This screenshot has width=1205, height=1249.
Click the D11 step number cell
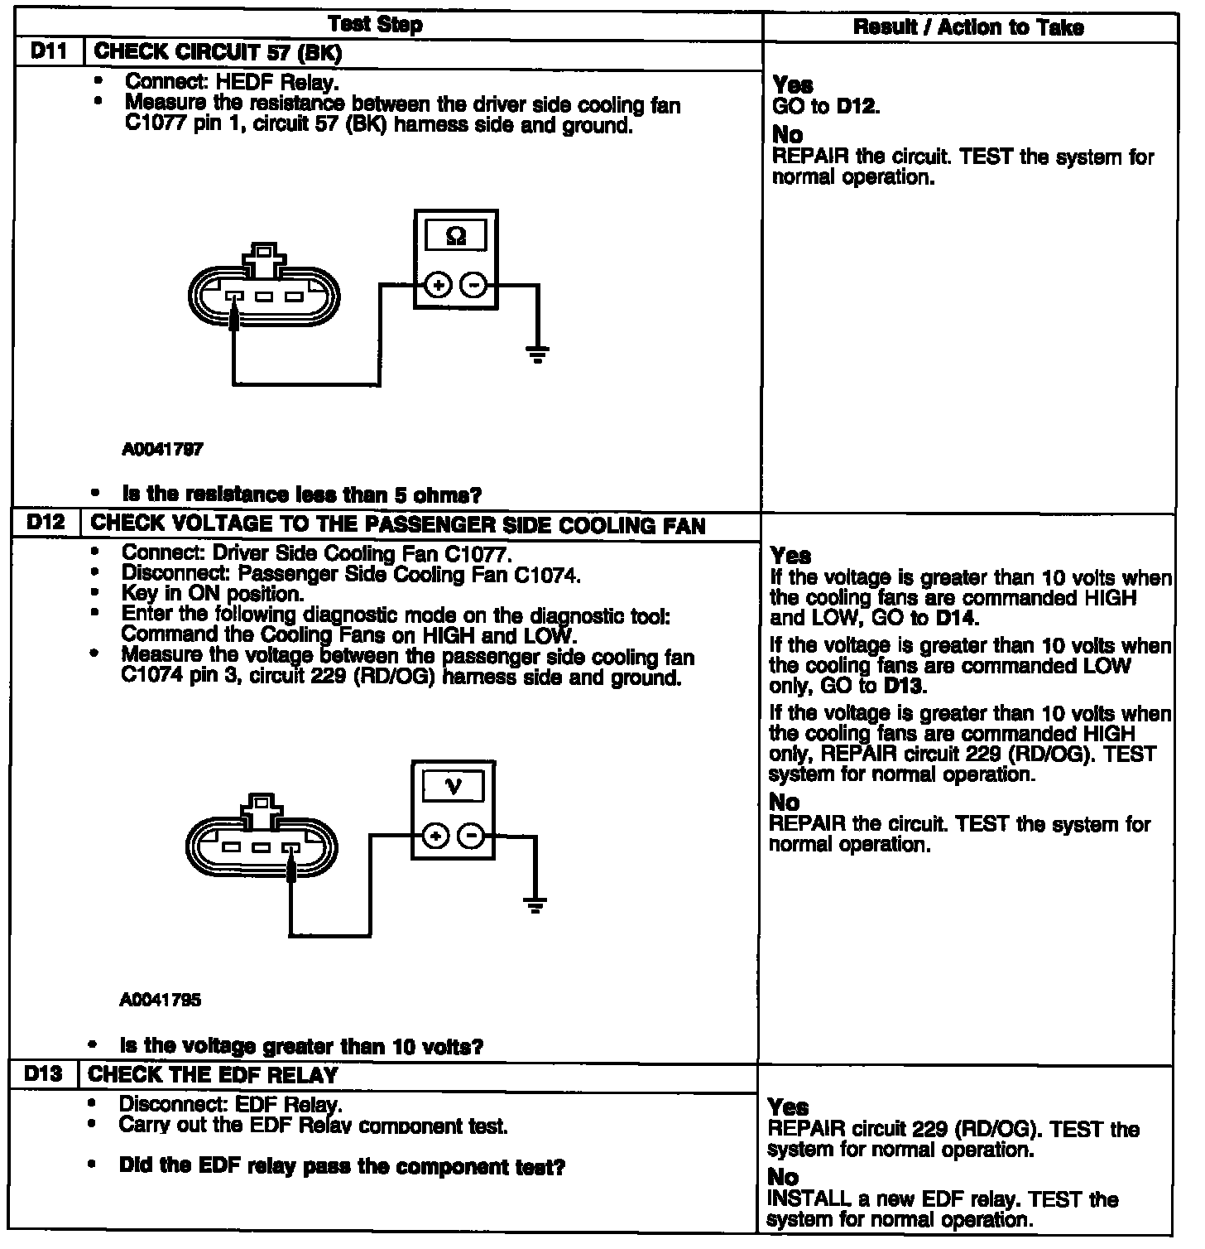coord(50,52)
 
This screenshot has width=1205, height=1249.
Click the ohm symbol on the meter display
coord(455,236)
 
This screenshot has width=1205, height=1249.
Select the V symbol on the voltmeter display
coord(453,786)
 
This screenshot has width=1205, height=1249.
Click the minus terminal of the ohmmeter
coord(474,286)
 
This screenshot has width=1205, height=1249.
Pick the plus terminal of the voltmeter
coord(435,837)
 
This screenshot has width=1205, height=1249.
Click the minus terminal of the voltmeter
coord(472,837)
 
